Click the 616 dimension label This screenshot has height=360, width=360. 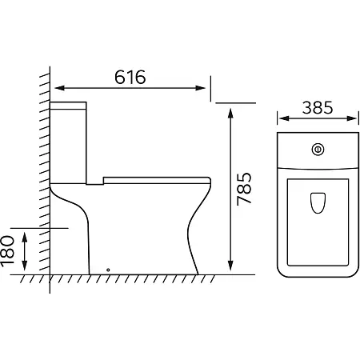click(130, 77)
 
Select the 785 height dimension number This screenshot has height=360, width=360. click(244, 189)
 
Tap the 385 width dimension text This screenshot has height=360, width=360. click(318, 107)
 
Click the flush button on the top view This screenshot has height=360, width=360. click(318, 150)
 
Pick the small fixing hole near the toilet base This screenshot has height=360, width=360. click(108, 270)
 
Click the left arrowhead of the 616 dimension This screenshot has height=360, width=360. click(60, 88)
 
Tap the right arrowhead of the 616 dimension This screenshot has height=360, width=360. click(200, 88)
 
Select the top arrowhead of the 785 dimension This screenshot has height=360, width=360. click(230, 114)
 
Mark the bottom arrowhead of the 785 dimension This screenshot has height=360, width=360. click(230, 265)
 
